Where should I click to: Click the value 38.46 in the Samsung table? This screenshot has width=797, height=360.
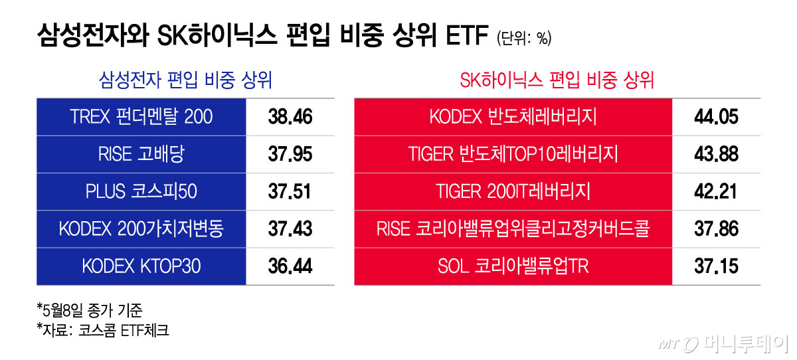(x=290, y=117)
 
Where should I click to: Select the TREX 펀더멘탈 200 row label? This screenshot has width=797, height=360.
(x=141, y=117)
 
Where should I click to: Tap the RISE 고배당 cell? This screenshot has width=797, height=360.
(x=141, y=154)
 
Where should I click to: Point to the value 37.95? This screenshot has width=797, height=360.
(x=290, y=154)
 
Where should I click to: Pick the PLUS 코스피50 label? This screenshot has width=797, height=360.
(x=141, y=191)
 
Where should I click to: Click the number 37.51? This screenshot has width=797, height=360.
(x=290, y=191)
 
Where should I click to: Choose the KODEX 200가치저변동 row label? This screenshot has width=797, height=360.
(x=141, y=228)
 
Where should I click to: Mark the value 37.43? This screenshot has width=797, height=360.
(x=290, y=228)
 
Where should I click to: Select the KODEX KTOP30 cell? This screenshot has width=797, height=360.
(x=141, y=266)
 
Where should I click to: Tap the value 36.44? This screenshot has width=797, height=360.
(x=290, y=266)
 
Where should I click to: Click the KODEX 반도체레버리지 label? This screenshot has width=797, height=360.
(x=513, y=117)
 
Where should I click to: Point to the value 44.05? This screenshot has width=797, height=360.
(x=716, y=117)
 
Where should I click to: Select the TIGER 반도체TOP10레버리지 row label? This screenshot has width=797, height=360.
(x=513, y=154)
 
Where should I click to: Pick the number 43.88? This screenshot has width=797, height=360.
(x=716, y=154)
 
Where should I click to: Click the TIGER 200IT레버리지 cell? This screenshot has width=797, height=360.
(x=513, y=191)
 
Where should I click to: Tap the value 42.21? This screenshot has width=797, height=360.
(x=715, y=191)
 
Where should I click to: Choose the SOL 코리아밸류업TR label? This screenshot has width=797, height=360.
(x=513, y=266)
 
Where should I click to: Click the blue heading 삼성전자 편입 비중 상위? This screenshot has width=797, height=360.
(x=185, y=80)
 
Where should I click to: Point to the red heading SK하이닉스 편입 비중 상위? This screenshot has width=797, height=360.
(x=557, y=80)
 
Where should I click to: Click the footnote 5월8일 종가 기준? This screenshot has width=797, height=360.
(x=90, y=310)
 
